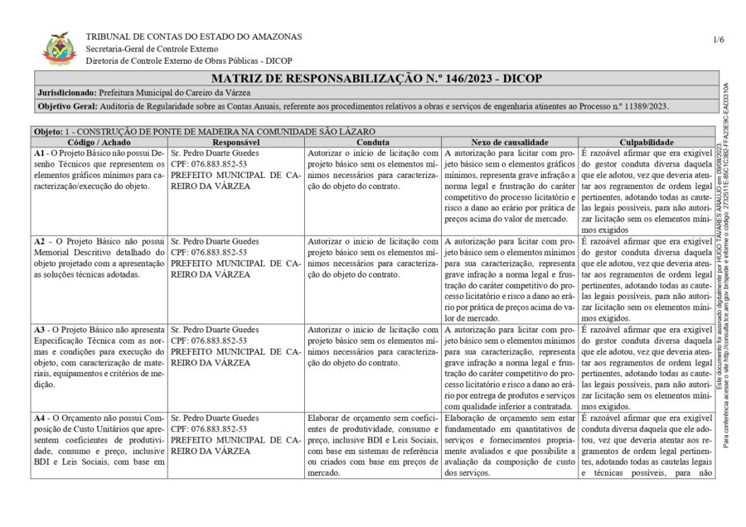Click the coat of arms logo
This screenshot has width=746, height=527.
(x=60, y=48)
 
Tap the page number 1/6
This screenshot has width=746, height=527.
(x=718, y=40)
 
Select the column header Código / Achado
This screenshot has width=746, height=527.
(x=99, y=143)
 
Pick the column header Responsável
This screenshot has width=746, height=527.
(x=236, y=143)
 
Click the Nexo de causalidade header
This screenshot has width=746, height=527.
(x=509, y=143)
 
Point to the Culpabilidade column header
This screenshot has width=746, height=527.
(x=646, y=143)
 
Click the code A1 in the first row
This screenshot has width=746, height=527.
(x=40, y=153)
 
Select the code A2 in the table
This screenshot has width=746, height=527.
(x=40, y=241)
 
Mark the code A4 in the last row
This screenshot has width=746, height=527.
(x=40, y=418)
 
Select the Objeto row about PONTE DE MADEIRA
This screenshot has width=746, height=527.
(x=204, y=132)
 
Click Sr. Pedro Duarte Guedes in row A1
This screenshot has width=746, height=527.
(x=215, y=153)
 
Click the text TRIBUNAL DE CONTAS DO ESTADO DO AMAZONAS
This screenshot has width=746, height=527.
(x=194, y=36)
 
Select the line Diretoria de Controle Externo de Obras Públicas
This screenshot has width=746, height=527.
(x=189, y=60)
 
